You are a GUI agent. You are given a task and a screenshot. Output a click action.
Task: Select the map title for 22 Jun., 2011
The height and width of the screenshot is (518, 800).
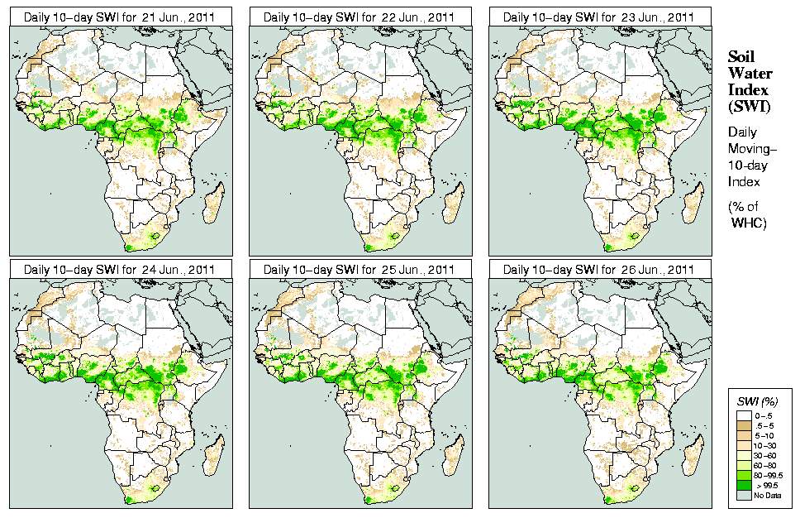click(x=360, y=17)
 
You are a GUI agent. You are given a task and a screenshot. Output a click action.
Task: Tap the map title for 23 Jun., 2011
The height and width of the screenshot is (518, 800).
click(x=600, y=17)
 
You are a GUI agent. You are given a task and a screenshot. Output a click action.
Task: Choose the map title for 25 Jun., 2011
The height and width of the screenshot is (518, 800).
click(x=360, y=269)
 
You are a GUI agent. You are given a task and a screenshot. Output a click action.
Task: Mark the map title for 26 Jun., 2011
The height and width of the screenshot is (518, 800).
click(x=600, y=269)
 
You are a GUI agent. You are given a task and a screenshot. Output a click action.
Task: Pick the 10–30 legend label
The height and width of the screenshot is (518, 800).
click(x=765, y=445)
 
